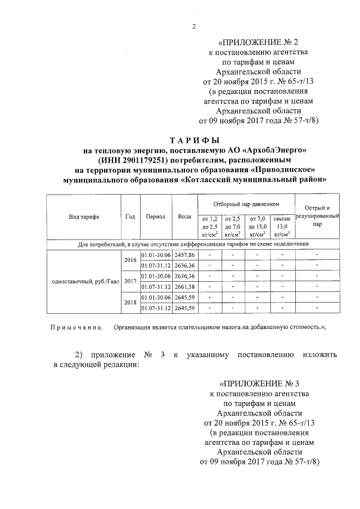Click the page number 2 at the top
pos(192,26)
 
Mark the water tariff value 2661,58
pos(184,287)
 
